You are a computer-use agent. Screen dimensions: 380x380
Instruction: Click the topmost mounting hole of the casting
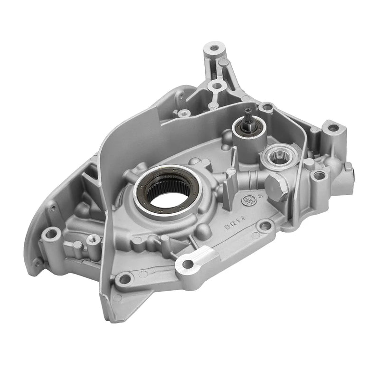[x=213, y=48]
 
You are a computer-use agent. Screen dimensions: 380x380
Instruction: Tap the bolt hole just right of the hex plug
[x=319, y=175]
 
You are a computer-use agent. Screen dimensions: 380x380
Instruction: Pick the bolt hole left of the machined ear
[x=124, y=279]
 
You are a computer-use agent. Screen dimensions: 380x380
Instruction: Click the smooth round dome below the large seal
[x=205, y=231]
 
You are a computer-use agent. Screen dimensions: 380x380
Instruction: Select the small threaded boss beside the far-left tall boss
[x=93, y=240]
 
